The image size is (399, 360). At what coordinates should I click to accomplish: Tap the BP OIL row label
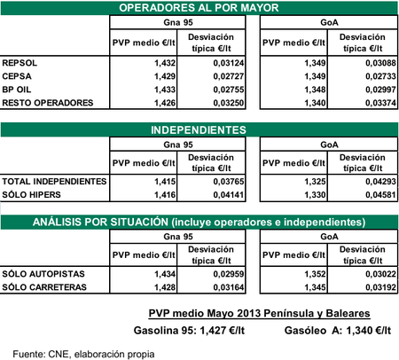tap(20, 90)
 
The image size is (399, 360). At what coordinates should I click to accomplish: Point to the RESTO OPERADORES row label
tap(47, 104)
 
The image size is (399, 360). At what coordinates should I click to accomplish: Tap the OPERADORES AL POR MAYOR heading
tap(199, 7)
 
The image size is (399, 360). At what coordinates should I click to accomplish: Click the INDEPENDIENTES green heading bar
tap(199, 129)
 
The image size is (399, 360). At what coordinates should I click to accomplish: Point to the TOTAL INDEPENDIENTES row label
tap(54, 181)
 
